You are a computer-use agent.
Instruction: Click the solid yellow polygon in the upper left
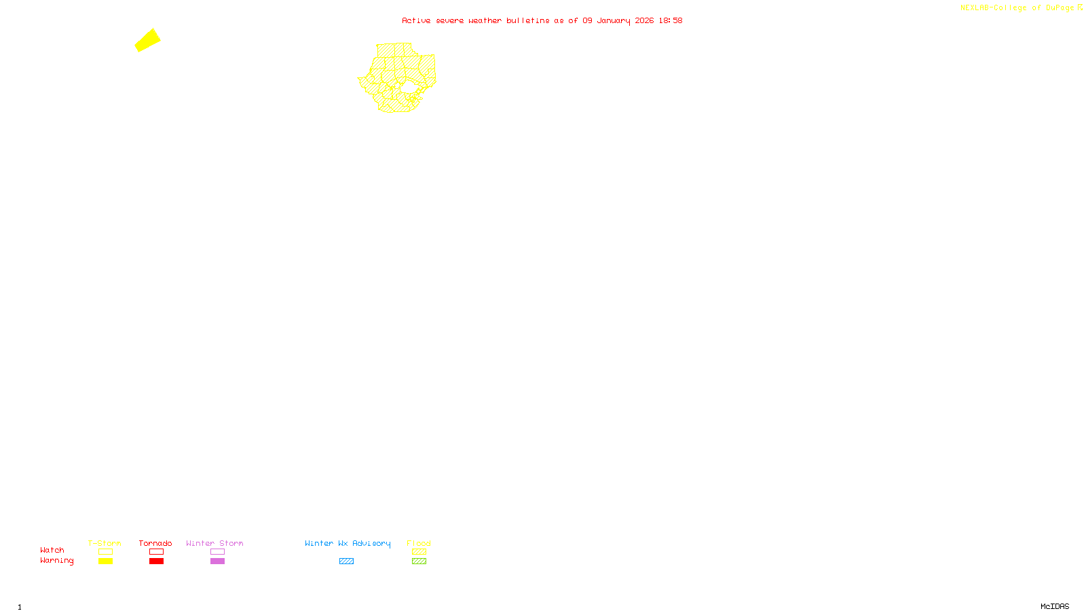[147, 40]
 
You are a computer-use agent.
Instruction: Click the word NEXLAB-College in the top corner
[993, 8]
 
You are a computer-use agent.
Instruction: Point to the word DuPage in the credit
[1060, 8]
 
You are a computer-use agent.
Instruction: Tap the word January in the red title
[613, 21]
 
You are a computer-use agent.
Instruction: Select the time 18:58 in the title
[670, 21]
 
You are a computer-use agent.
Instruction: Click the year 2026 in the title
[644, 21]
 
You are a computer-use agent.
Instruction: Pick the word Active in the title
[415, 21]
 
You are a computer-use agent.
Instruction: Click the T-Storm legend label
[105, 543]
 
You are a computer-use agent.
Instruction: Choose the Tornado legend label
[155, 543]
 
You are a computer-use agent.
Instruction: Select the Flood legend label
[419, 543]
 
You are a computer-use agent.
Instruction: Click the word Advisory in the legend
[371, 543]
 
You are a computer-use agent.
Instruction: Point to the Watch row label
[52, 550]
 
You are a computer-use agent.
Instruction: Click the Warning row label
[56, 561]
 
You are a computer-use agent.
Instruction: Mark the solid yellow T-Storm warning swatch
[105, 561]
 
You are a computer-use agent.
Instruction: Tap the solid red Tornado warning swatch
[156, 561]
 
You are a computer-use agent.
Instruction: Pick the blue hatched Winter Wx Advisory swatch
[346, 561]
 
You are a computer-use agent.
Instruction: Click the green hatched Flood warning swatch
[419, 561]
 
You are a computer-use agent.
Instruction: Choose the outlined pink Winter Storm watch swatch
[217, 552]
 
